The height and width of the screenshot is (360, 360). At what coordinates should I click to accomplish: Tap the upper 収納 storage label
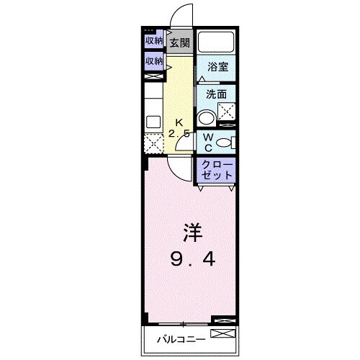[x=153, y=41]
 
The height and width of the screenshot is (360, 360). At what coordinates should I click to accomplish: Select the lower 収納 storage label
[x=153, y=61]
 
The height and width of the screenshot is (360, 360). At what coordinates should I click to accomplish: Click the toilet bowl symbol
[x=224, y=143]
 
